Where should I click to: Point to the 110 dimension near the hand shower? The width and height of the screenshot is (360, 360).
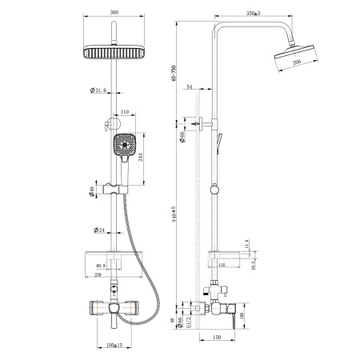pos(125,113)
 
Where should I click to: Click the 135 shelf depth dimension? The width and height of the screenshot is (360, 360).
pos(224,264)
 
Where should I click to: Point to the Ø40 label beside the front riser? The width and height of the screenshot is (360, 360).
pos(94,191)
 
